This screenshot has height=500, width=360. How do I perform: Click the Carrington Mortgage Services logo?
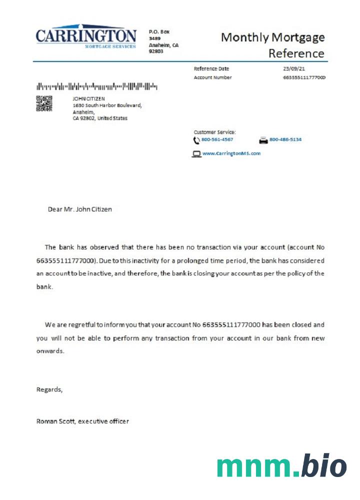(x=85, y=37)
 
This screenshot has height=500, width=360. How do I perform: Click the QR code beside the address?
(x=44, y=103)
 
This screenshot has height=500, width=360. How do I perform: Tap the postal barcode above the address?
(x=96, y=86)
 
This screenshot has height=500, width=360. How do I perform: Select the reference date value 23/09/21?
(x=294, y=68)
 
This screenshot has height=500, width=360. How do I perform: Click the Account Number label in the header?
(x=212, y=77)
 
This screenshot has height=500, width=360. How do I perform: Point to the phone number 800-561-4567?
(x=217, y=139)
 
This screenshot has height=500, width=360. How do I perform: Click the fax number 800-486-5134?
(x=285, y=139)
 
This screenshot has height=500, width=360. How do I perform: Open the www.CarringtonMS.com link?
(x=231, y=153)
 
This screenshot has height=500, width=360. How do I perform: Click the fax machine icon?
(x=263, y=140)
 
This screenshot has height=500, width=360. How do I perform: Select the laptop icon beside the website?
(x=196, y=154)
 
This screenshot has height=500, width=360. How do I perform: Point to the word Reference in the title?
(x=296, y=53)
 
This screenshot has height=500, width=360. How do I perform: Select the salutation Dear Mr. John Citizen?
(x=79, y=209)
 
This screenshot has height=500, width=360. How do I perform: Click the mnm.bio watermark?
(x=281, y=466)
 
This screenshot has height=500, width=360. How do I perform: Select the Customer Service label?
(x=214, y=132)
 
